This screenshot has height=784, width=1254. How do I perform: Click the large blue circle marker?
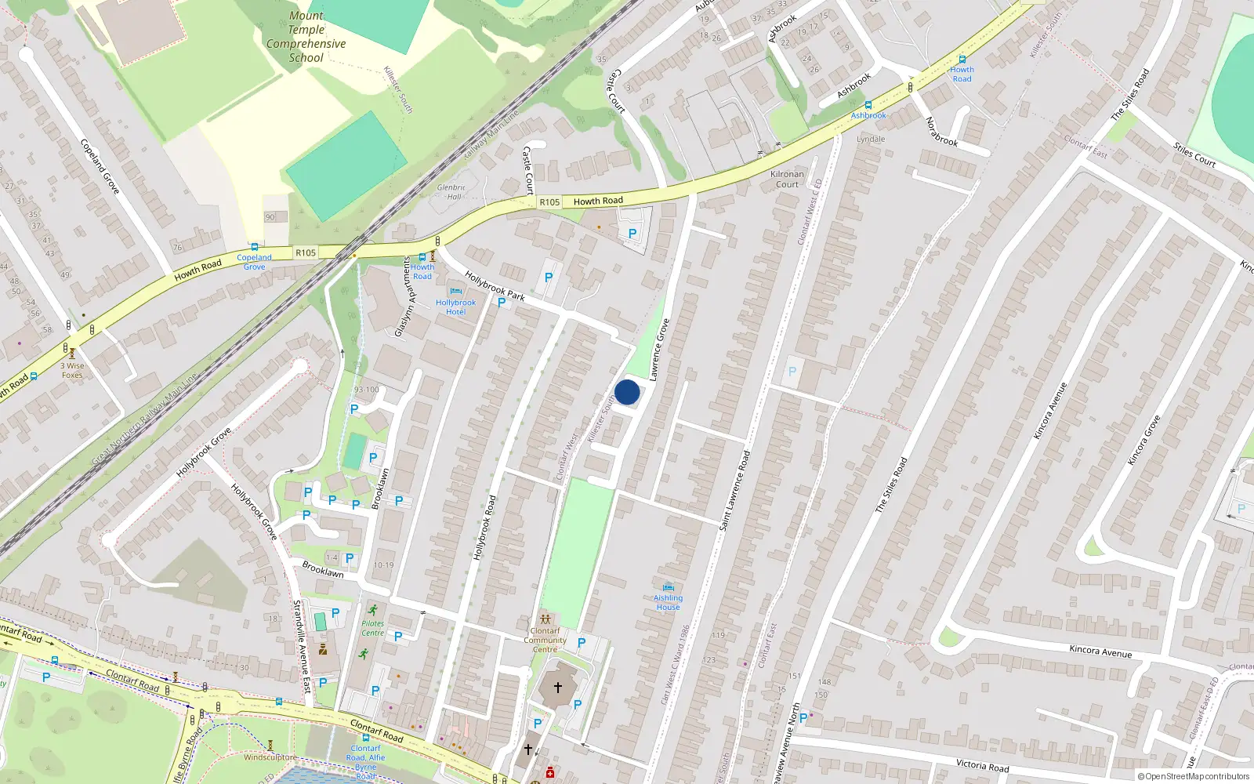tap(627, 392)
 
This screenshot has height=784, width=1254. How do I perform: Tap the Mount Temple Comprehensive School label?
tap(306, 37)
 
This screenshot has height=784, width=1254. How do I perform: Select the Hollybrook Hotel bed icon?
tap(455, 292)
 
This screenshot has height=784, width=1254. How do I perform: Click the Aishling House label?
tap(668, 602)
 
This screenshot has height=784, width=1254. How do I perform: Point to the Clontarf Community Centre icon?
tap(545, 619)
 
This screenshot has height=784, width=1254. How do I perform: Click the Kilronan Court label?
tap(787, 180)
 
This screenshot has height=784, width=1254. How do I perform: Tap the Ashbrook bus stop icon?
tap(868, 105)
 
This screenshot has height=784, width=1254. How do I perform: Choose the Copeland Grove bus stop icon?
tap(254, 247)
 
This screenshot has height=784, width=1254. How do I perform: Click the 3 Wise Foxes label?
tap(72, 370)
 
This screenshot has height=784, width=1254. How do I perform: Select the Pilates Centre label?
tap(373, 628)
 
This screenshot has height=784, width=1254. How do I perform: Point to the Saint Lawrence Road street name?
tap(734, 490)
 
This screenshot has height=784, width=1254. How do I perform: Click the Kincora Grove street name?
tap(1143, 440)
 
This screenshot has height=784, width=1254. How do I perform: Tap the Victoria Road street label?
tap(982, 764)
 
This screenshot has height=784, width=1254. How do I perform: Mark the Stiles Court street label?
tap(1194, 154)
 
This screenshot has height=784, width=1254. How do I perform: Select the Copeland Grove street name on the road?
tap(100, 166)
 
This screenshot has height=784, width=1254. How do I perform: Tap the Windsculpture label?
tap(270, 757)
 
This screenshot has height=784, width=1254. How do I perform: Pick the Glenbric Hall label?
tap(451, 192)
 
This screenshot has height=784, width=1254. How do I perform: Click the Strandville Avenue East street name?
tap(301, 646)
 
